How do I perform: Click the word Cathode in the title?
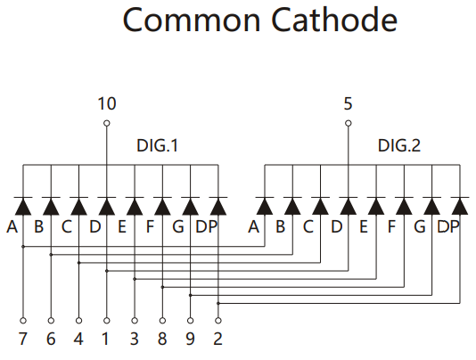click(334, 20)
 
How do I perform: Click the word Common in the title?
click(192, 20)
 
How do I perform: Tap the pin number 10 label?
click(107, 103)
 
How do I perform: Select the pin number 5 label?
click(348, 103)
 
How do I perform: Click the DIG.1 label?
click(157, 146)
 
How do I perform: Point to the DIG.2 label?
click(398, 146)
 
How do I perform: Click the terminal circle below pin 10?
click(107, 123)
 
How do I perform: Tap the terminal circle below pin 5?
click(349, 123)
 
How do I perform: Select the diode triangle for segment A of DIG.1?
click(23, 207)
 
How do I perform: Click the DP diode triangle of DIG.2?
click(460, 207)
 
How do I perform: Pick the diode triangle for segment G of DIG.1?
click(191, 207)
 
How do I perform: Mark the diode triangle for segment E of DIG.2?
click(376, 207)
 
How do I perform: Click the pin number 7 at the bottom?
click(23, 339)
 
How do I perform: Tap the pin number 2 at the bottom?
click(218, 339)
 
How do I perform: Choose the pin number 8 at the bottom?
click(162, 339)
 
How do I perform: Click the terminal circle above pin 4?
click(78, 321)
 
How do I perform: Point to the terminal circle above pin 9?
click(191, 321)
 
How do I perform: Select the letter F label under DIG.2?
click(392, 226)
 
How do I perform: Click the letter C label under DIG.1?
click(67, 226)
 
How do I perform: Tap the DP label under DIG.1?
click(207, 226)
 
